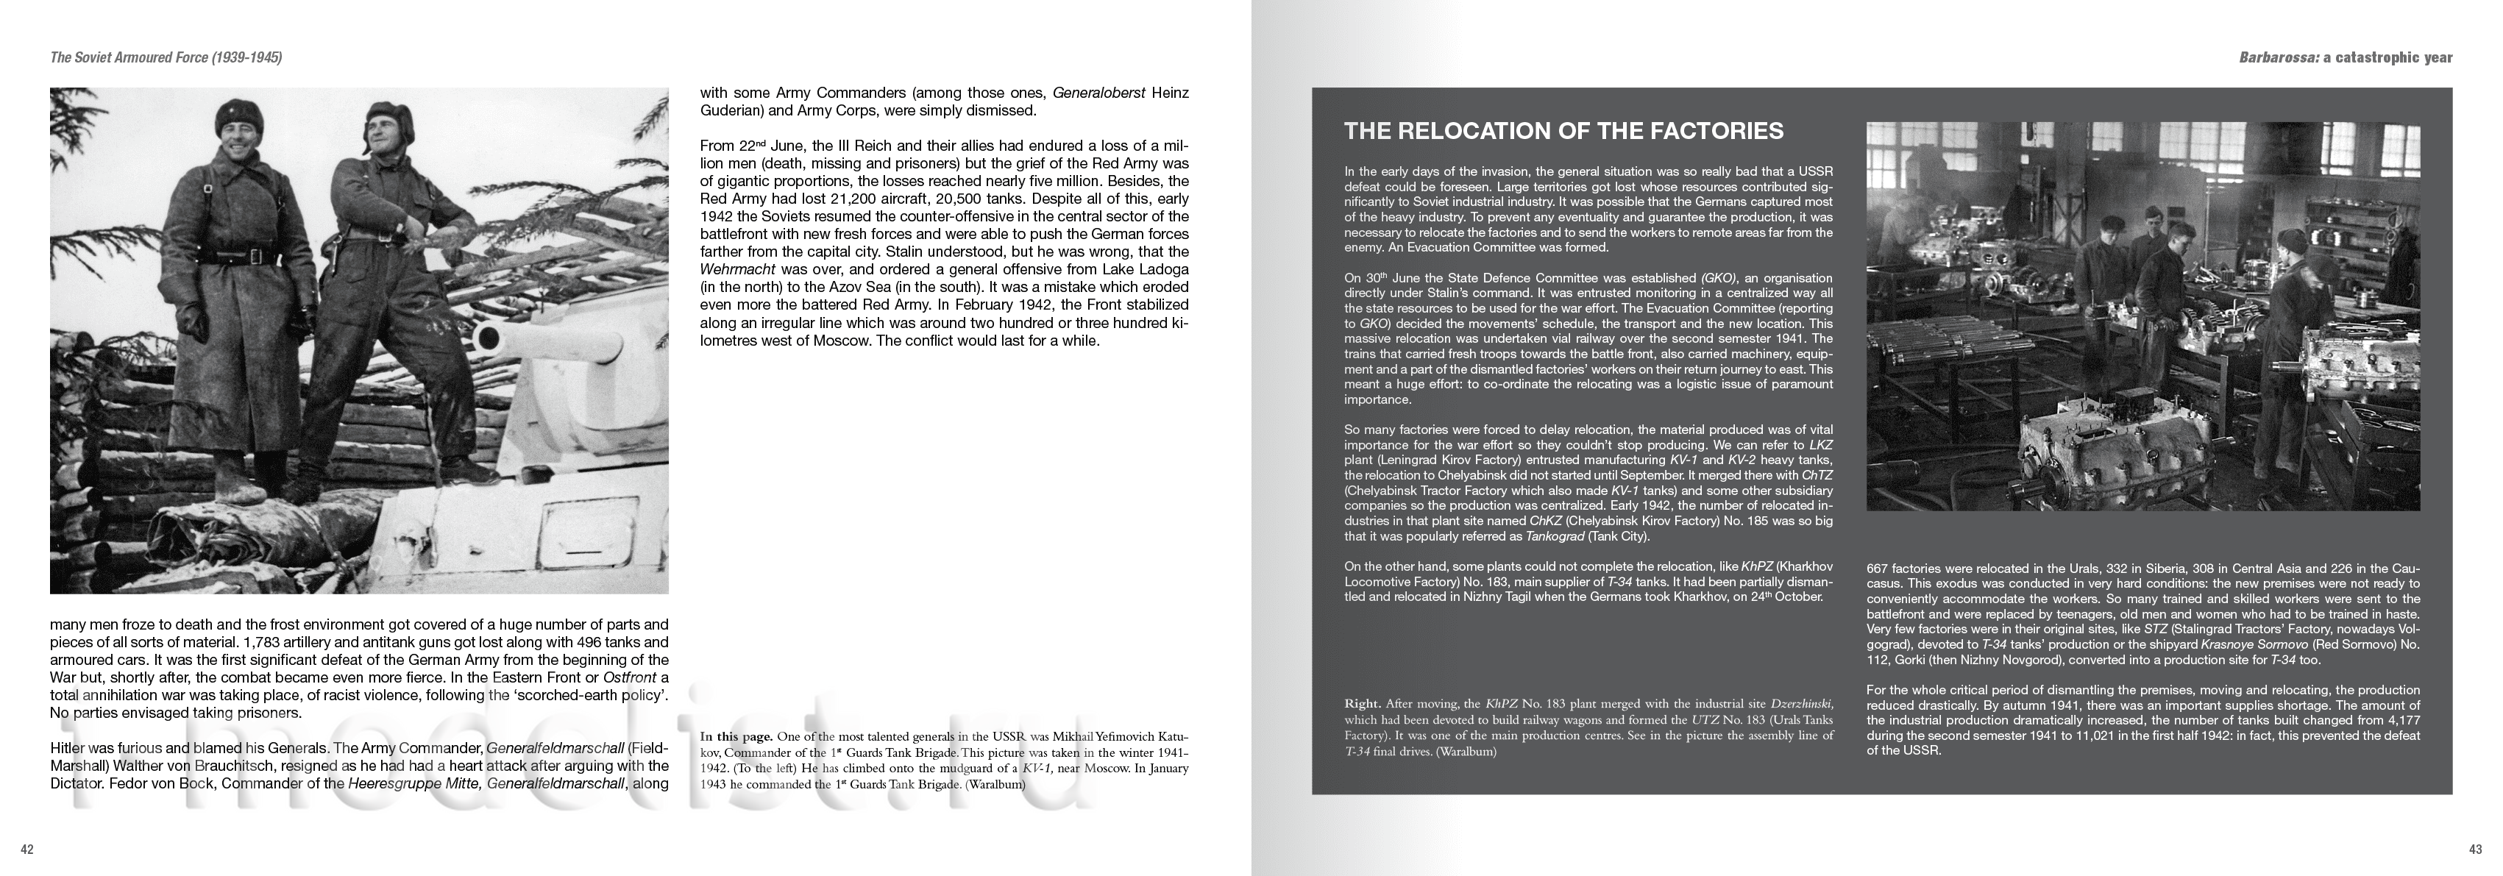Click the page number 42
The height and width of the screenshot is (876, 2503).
coord(27,850)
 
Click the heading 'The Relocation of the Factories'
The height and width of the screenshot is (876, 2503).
coord(1563,131)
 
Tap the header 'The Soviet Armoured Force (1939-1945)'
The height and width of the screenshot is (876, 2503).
coord(166,58)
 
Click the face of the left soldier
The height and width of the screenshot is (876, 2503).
coord(235,133)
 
